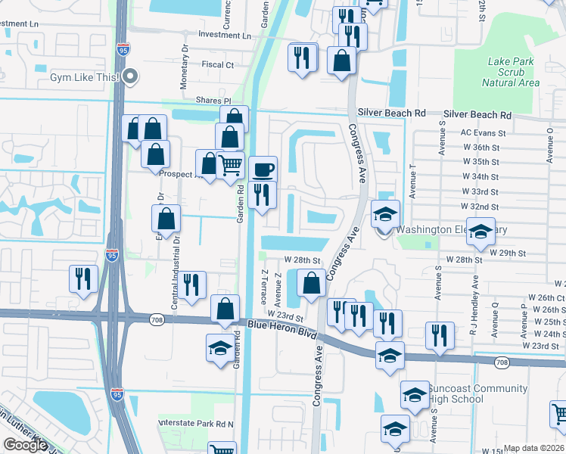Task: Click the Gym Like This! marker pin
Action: click(x=131, y=76)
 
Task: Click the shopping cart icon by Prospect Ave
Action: click(x=230, y=163)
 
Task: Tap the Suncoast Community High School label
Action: click(x=477, y=393)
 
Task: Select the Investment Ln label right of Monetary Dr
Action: click(x=224, y=36)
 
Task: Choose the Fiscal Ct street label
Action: click(x=217, y=65)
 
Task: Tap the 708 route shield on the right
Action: click(x=502, y=363)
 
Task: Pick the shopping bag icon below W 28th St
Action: click(x=311, y=285)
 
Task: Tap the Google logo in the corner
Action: click(x=25, y=445)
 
